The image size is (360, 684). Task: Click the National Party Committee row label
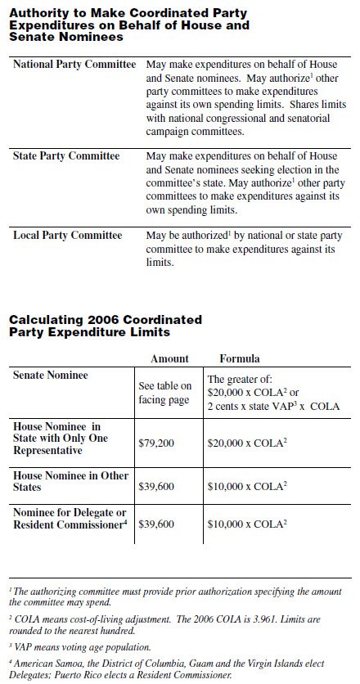(74, 65)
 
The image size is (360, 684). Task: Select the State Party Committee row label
(66, 156)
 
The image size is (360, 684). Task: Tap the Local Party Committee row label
(68, 236)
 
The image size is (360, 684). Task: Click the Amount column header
(169, 358)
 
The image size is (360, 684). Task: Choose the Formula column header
(240, 358)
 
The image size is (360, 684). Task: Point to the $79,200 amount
(156, 443)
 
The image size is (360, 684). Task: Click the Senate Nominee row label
(51, 375)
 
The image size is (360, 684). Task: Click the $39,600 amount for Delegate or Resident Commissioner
(156, 524)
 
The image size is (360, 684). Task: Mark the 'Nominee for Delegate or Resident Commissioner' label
(70, 518)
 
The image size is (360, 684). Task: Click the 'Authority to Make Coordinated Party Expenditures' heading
(129, 26)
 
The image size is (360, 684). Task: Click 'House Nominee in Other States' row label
(65, 480)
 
